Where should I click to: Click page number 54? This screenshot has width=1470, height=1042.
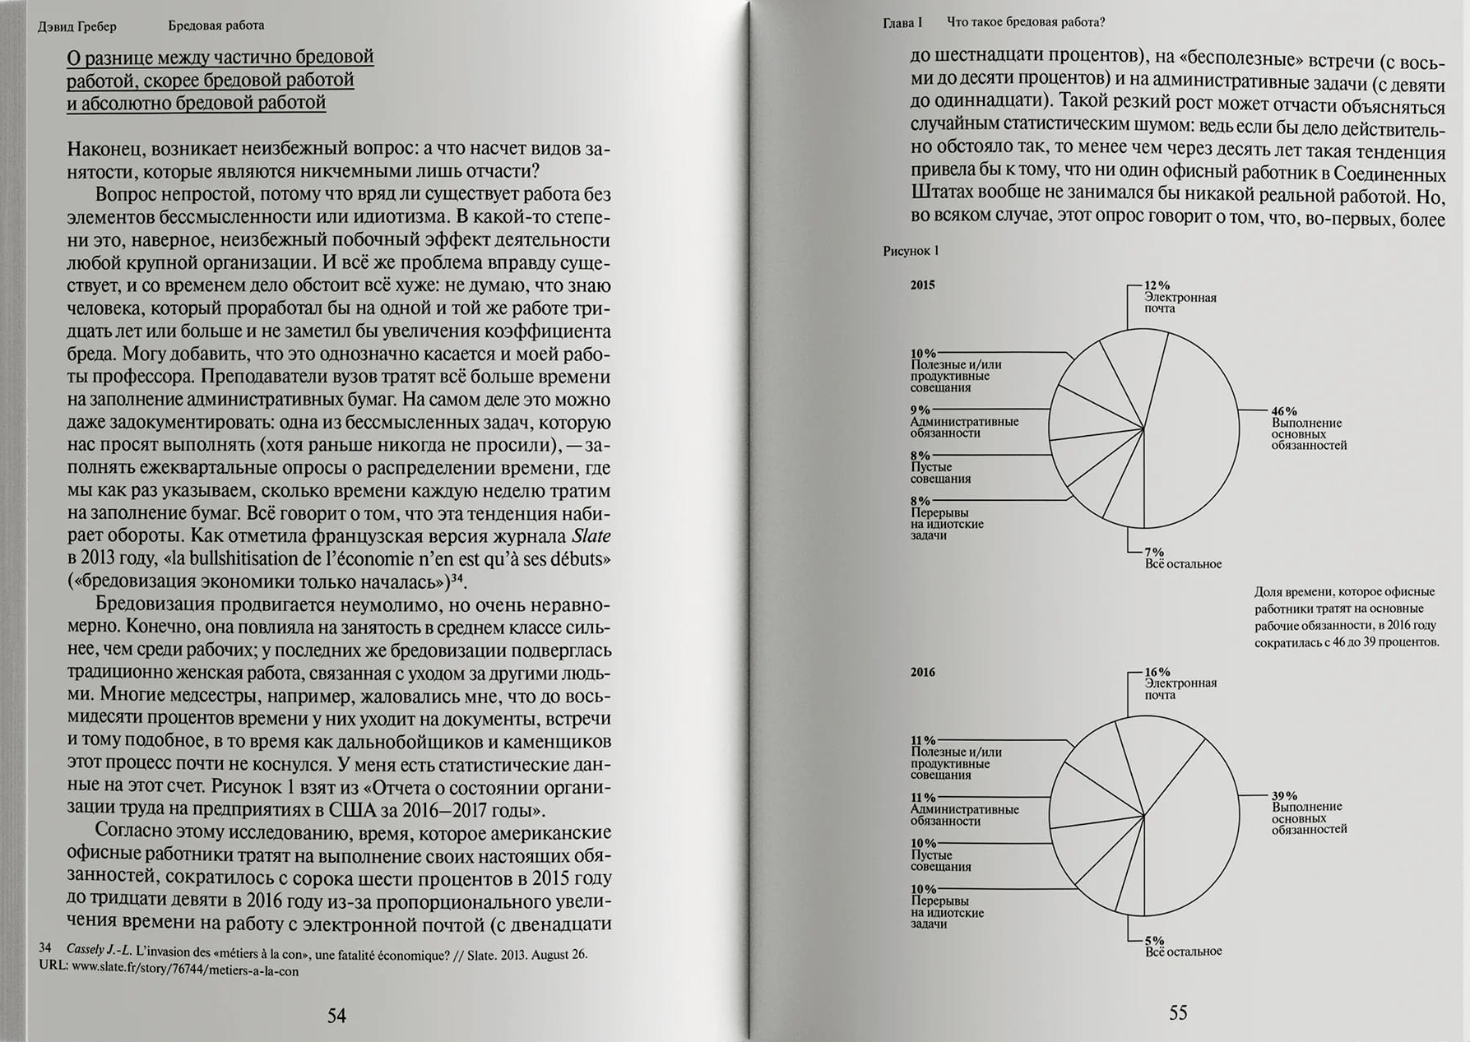(336, 1016)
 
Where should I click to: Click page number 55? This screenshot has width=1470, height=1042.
(1178, 1012)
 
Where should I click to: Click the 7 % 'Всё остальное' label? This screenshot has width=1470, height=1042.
(1182, 558)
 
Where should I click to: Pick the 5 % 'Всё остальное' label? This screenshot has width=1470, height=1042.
(1182, 946)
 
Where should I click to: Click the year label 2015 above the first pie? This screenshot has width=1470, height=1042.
(922, 285)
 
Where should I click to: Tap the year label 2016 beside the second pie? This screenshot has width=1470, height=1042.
(922, 672)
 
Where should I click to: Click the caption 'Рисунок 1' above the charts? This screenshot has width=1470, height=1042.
(911, 251)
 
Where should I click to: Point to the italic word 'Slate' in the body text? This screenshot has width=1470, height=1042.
(591, 536)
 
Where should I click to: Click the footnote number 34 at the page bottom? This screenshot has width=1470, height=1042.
(45, 948)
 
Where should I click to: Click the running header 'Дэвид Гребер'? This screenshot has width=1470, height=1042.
(77, 26)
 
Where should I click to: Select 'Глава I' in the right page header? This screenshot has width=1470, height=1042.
(902, 23)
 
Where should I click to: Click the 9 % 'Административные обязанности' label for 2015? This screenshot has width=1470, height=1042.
(962, 422)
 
